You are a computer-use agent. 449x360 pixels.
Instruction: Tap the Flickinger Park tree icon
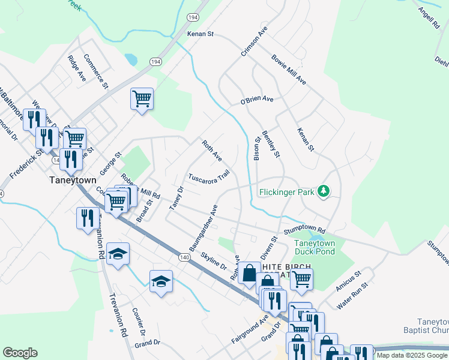[x=325, y=191]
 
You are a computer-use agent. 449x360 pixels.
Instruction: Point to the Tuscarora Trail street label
[x=209, y=177]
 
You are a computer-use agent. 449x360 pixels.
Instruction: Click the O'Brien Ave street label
[x=257, y=99]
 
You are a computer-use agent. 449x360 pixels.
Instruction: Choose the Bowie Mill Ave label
[x=289, y=70]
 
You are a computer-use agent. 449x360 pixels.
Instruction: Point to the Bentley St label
[x=271, y=145]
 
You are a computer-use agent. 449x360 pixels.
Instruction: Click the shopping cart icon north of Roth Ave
[x=142, y=98]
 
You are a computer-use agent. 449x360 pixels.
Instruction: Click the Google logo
[x=20, y=353]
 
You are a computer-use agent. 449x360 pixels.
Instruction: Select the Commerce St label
[x=96, y=71]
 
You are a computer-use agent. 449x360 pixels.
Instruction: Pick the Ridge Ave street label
[x=77, y=68]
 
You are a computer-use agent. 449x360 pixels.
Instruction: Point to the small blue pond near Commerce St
[x=130, y=59]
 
